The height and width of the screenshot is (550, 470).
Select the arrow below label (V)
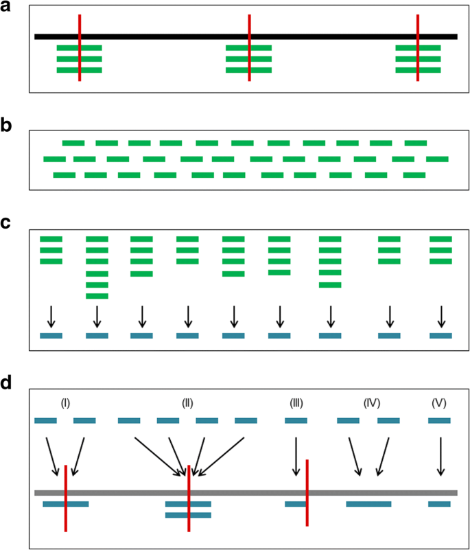point(440,457)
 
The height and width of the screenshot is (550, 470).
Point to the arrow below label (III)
point(296,457)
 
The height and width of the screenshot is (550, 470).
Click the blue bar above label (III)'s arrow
point(296,420)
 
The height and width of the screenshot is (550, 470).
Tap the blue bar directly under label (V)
point(439,420)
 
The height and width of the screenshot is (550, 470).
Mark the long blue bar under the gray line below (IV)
point(368,504)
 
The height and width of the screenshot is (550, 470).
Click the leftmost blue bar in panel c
point(51,336)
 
